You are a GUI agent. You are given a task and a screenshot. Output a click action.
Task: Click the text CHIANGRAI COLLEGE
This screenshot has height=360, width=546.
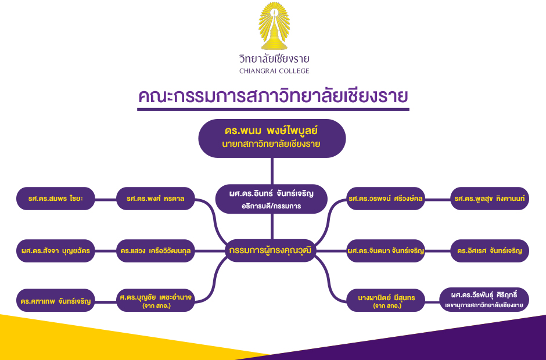point(274,71)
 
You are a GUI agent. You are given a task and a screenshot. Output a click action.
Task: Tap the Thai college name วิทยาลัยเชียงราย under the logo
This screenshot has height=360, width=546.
point(274,59)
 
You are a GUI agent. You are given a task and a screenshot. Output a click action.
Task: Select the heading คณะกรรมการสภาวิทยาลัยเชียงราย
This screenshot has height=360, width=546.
point(273,96)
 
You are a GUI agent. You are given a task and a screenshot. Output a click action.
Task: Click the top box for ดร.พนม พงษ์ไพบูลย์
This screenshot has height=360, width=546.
point(272,138)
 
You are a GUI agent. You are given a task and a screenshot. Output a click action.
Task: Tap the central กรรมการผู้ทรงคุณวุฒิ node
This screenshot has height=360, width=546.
point(271,251)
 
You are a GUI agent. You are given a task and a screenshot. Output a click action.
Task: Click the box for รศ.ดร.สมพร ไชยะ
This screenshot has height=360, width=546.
point(56,199)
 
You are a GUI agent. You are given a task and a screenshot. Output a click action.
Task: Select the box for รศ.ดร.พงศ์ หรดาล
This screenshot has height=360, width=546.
point(155,199)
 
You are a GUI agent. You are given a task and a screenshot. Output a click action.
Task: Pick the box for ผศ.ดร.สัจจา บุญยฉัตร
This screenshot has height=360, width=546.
point(56,251)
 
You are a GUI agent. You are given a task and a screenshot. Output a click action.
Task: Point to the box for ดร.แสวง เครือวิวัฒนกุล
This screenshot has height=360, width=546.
point(155,251)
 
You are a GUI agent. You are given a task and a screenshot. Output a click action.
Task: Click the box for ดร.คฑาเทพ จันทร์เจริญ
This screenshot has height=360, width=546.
point(56,300)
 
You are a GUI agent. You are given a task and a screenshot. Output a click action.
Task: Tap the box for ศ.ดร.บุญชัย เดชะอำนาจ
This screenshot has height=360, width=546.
point(155,300)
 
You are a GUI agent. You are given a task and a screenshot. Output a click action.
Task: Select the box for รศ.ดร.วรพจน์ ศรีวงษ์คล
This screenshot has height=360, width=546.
point(386,199)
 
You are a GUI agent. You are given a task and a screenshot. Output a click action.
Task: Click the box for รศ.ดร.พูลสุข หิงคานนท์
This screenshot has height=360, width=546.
point(490,199)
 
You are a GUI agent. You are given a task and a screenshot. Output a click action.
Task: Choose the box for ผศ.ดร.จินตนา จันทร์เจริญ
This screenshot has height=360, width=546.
point(386,251)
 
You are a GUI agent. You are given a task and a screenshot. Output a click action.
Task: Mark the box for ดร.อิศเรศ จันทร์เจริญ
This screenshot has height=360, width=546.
point(490,251)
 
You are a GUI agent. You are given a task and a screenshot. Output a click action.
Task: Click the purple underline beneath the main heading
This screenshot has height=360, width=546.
point(273,109)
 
